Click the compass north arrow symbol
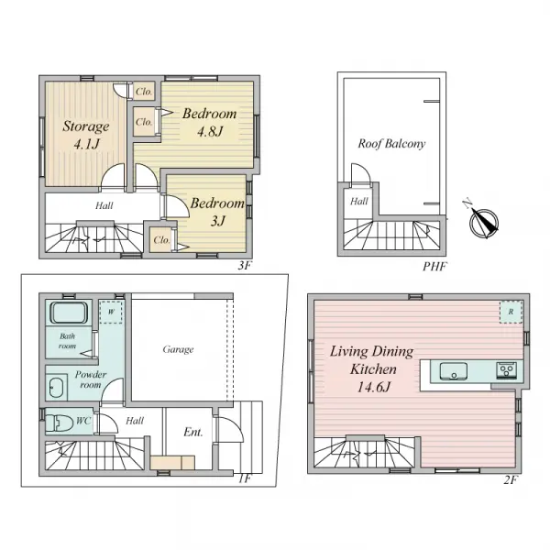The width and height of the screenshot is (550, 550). click(483, 223)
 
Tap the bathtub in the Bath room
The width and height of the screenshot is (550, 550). click(69, 313)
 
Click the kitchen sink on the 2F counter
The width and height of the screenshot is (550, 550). click(453, 371)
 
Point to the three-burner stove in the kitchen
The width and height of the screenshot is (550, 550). click(507, 370)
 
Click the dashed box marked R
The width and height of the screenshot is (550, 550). click(511, 312)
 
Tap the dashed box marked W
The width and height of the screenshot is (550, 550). click(111, 312)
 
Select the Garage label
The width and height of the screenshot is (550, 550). click(178, 349)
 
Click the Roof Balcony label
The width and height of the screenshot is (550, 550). click(391, 144)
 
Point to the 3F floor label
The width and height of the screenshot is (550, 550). click(245, 266)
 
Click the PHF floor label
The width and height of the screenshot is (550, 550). click(434, 267)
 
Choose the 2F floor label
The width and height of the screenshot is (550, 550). click(511, 479)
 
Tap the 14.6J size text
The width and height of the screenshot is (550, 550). click(374, 387)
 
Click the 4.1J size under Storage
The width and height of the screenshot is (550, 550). click(87, 144)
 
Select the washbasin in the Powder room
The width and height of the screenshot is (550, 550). click(56, 388)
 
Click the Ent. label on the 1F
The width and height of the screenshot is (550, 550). click(193, 432)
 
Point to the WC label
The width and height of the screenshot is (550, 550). click(83, 420)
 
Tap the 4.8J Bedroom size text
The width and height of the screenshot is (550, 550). click(210, 131)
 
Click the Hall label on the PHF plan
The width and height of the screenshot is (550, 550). click(359, 202)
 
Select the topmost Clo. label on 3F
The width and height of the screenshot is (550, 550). click(144, 92)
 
